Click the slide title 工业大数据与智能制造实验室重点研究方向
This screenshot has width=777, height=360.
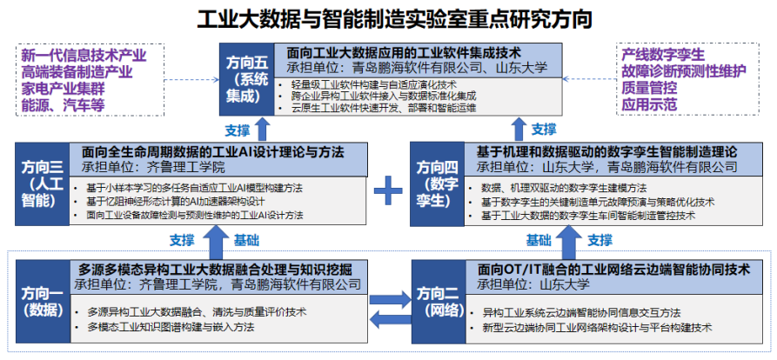pyautogui.click(x=388, y=17)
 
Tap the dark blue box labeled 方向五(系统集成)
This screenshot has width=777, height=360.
pyautogui.click(x=245, y=78)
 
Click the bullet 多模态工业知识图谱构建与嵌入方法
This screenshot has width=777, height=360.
pyautogui.click(x=171, y=327)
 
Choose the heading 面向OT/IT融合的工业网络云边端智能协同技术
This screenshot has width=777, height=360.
pyautogui.click(x=613, y=269)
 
